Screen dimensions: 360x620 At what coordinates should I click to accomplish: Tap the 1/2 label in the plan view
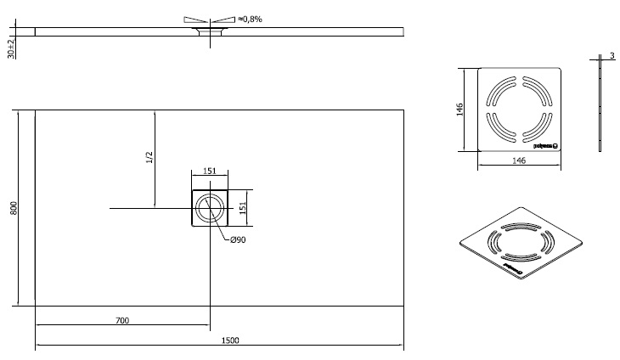point(149,157)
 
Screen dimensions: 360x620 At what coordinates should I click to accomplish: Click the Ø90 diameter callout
point(238,240)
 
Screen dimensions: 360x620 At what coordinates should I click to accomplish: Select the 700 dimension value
point(121,320)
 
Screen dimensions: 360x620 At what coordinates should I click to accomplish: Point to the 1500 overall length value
point(230,340)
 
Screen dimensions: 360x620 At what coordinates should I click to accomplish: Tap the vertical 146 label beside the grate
point(459,109)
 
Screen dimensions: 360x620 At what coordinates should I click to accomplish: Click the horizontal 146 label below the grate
point(519,160)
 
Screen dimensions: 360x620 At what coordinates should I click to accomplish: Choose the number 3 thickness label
point(611,57)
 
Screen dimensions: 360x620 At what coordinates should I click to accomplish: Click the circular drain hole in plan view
point(209,207)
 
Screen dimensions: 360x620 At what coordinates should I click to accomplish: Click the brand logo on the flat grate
point(544,145)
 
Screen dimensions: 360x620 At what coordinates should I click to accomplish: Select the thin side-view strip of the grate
point(600,109)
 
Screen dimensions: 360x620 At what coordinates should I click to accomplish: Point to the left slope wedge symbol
point(194,19)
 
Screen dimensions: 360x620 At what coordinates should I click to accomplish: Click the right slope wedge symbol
point(223,19)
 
